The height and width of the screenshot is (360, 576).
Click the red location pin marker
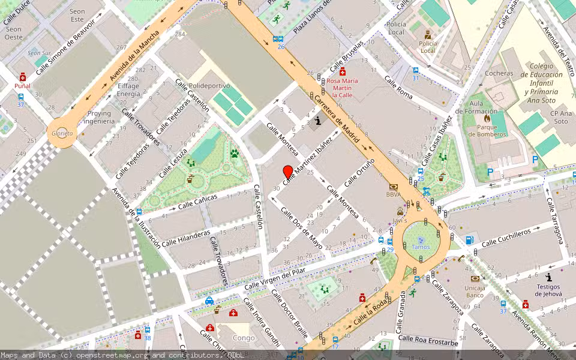287,172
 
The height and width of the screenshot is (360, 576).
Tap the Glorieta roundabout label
62,133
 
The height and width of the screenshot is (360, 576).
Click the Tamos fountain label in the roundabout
421,247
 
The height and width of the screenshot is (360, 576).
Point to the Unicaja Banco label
475,291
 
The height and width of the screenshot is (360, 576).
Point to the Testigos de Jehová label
548,290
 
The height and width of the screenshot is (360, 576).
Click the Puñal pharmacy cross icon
23,77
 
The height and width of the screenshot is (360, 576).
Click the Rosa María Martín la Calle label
342,88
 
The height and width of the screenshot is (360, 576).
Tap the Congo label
244,338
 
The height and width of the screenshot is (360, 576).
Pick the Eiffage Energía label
128,90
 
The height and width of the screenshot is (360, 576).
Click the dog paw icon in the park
235,154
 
